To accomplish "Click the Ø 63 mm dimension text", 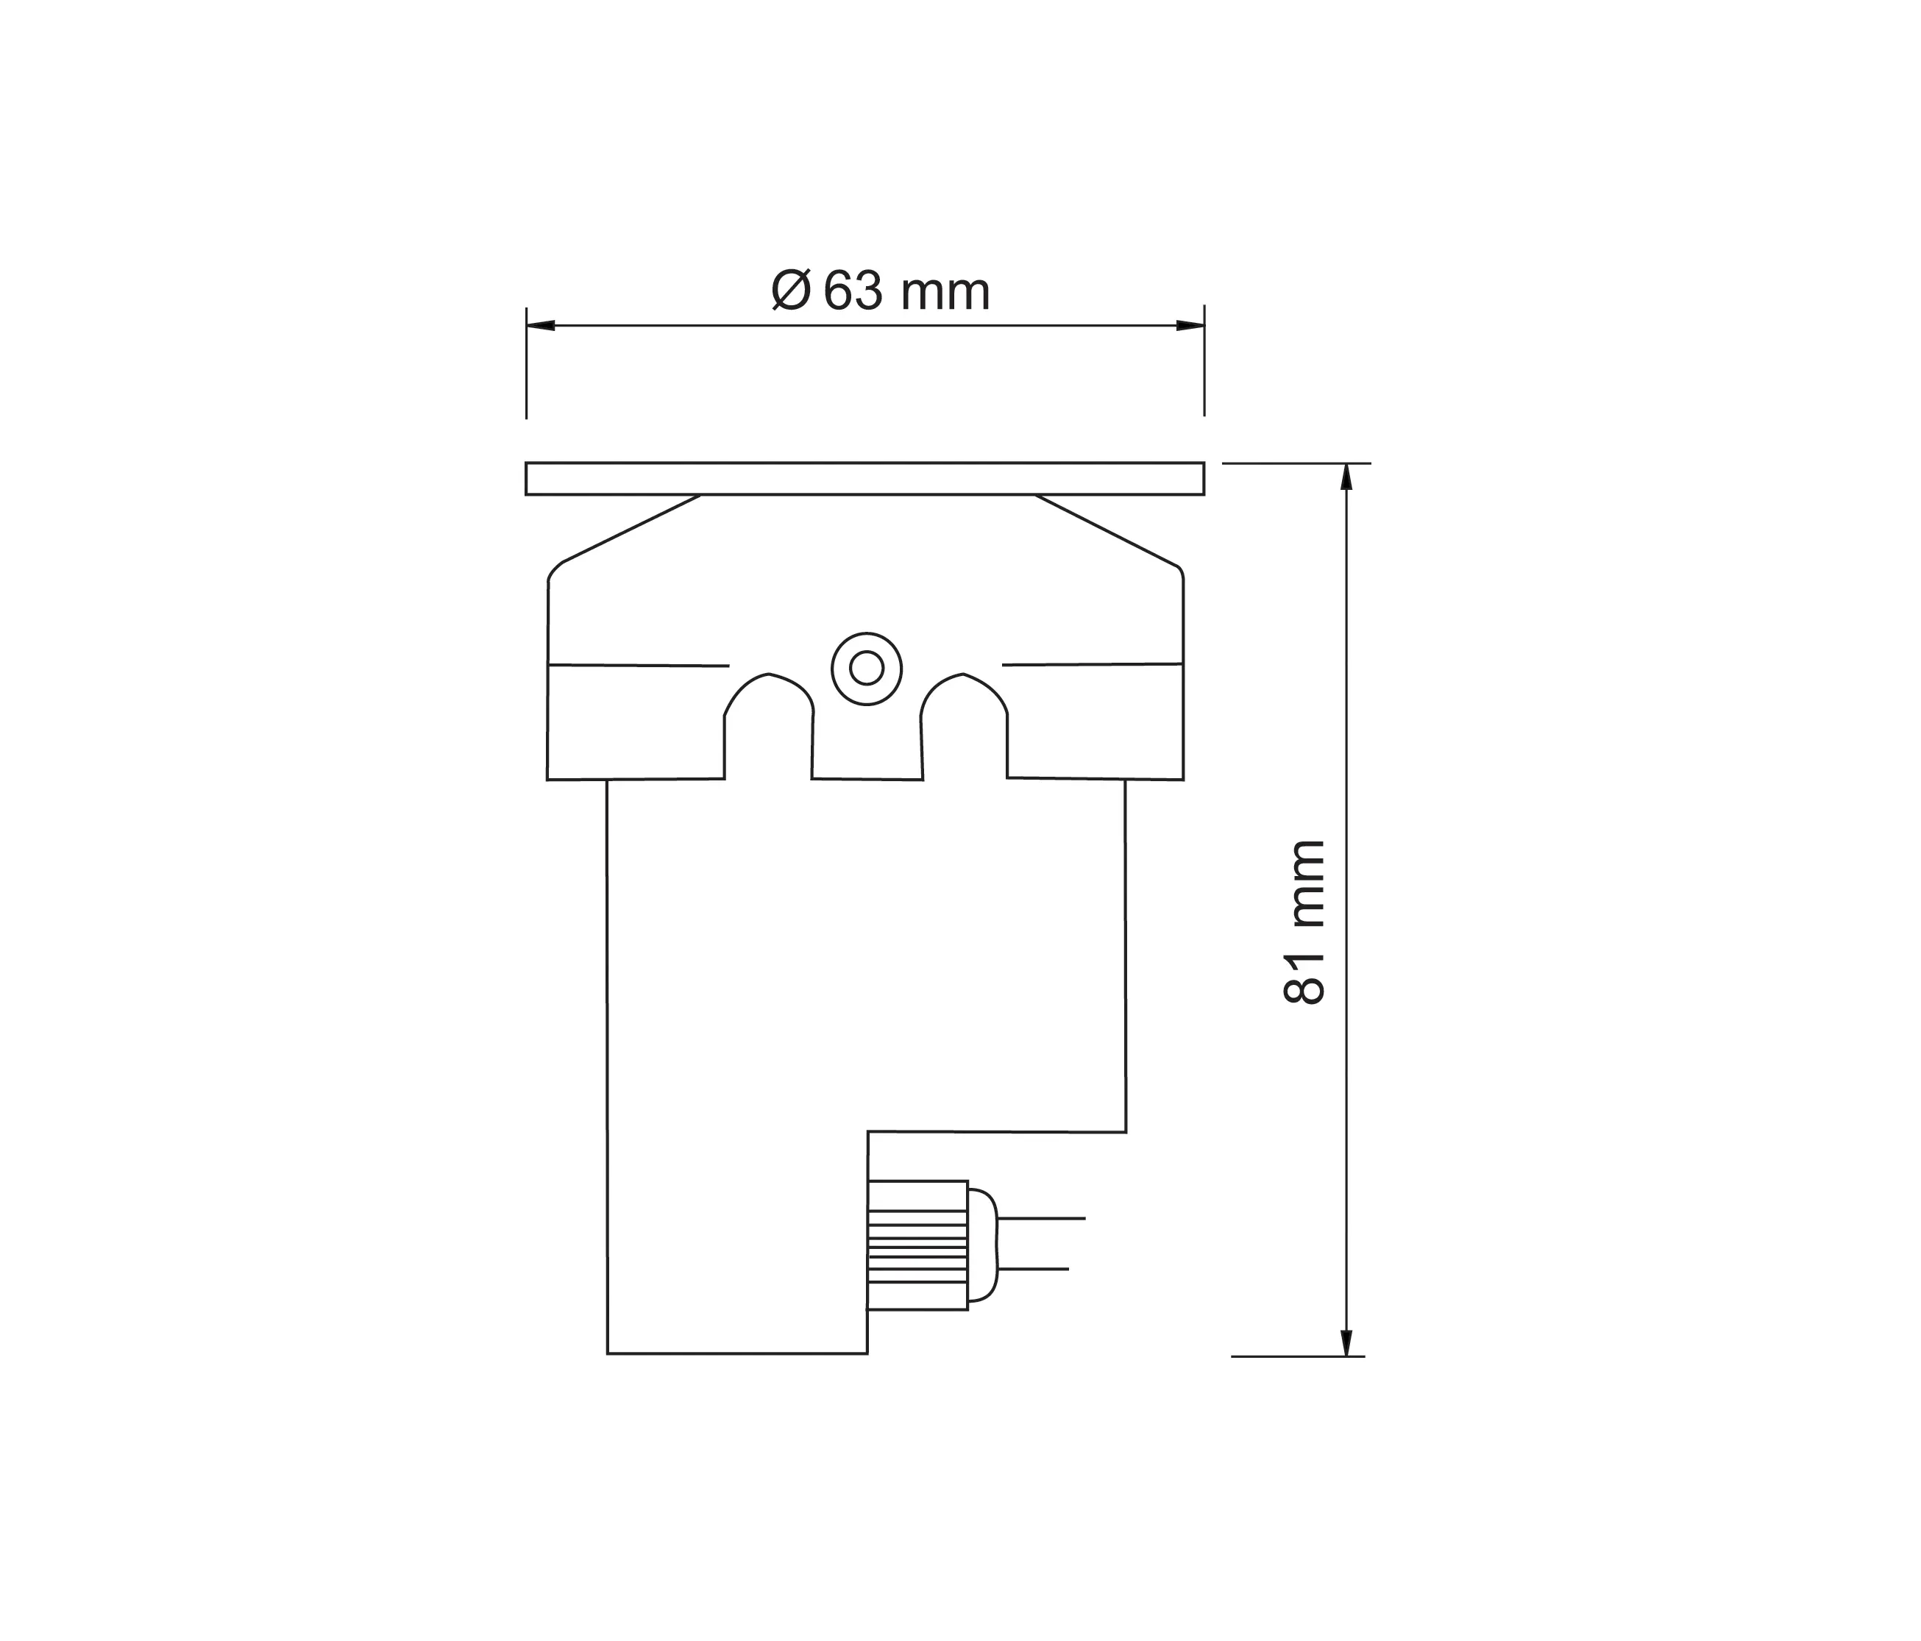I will [x=881, y=292].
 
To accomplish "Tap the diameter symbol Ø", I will [x=792, y=291].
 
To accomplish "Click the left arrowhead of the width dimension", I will [x=541, y=325].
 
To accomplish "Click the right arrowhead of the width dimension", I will [x=1190, y=325].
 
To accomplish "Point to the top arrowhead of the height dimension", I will [x=1346, y=477].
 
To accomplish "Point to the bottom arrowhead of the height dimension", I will [x=1346, y=1342].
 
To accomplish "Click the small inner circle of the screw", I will [x=866, y=668].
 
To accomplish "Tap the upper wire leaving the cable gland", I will [x=1040, y=1218].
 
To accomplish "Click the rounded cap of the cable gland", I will [x=983, y=1245].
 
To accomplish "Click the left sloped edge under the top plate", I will [x=631, y=528].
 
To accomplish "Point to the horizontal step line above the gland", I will [x=997, y=1131].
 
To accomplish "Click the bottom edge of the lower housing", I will [x=737, y=1353].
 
